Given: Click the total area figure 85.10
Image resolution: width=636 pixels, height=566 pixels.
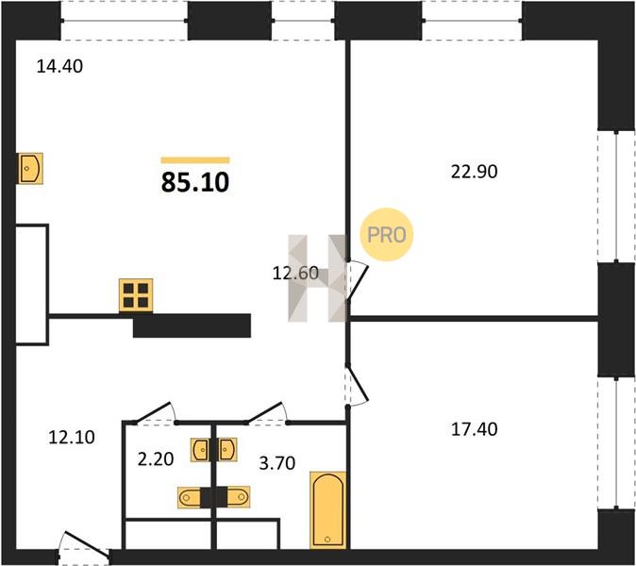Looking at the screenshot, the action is tap(195, 182).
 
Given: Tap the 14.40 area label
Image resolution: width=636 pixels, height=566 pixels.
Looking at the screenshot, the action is tap(59, 66).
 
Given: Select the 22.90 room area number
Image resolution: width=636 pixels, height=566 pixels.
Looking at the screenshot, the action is tap(474, 172).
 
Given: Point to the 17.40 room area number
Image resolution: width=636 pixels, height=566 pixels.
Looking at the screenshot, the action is tap(474, 429).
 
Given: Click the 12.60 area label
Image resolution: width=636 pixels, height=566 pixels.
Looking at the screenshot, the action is tap(295, 274).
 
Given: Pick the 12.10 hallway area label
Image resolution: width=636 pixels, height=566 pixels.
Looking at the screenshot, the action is tap(72, 437).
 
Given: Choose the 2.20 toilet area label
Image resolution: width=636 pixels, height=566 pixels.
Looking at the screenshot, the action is tap(156, 459).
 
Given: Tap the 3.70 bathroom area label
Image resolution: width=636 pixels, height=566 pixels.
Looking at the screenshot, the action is tap(277, 462).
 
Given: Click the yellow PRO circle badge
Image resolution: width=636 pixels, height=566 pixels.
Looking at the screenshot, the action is tap(386, 234).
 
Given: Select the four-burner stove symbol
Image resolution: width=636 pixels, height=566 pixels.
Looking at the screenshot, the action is tap(136, 295).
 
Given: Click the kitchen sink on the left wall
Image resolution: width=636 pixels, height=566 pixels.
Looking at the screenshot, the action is tap(30, 168).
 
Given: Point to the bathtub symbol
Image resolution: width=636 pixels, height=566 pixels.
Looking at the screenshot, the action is tap(327, 509).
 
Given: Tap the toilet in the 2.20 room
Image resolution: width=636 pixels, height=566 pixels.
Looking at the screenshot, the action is tap(189, 497).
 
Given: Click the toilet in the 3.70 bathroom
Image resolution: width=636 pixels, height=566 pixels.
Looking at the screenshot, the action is tap(238, 497).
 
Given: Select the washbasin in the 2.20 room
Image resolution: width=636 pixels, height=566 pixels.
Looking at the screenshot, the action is tap(200, 450).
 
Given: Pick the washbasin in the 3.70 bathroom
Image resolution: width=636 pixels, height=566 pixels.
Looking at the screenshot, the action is tap(227, 450).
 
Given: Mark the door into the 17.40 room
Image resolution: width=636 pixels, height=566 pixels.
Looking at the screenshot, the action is tap(356, 385).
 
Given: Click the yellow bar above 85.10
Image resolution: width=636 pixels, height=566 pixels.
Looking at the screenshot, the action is tap(195, 160).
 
